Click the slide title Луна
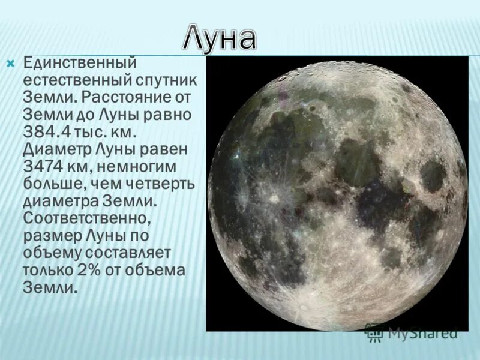220,38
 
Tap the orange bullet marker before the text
10,63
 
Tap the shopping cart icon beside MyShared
373,333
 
